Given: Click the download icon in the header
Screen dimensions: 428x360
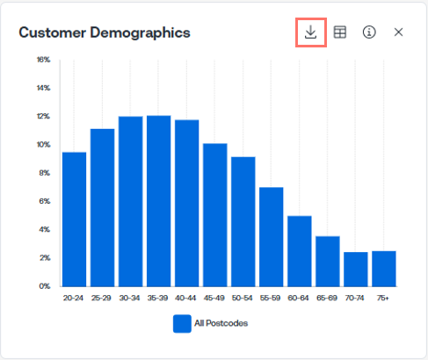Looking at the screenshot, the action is click(310, 32).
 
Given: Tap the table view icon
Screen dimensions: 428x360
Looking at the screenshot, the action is click(340, 32).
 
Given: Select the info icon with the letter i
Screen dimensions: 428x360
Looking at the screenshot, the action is click(369, 32).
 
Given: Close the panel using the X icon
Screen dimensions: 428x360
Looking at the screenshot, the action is click(398, 32).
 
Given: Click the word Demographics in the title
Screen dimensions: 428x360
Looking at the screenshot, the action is click(140, 33).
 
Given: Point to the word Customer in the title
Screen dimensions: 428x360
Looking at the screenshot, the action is click(53, 32).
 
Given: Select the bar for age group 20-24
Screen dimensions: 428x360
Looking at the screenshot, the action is click(75, 220).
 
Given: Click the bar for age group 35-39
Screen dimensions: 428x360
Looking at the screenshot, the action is click(159, 201).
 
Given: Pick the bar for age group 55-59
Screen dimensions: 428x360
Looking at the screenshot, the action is click(272, 237).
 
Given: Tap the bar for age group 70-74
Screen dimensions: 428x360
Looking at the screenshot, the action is click(356, 270).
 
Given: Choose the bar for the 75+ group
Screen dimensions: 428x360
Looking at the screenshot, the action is click(384, 269).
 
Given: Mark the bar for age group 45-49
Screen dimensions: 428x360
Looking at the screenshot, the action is click(215, 215).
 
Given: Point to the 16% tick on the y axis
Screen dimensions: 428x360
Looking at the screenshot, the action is click(43, 60).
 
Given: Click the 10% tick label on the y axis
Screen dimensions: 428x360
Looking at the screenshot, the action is click(43, 145).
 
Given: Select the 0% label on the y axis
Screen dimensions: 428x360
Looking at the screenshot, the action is click(45, 286).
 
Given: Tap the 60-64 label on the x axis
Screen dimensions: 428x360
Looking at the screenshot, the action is click(298, 298).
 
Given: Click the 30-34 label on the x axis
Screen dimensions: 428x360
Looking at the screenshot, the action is click(129, 298).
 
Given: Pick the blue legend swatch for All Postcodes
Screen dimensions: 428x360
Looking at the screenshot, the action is click(182, 323).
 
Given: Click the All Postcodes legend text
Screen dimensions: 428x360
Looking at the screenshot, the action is click(221, 323).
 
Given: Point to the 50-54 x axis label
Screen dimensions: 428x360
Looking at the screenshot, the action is click(242, 298).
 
